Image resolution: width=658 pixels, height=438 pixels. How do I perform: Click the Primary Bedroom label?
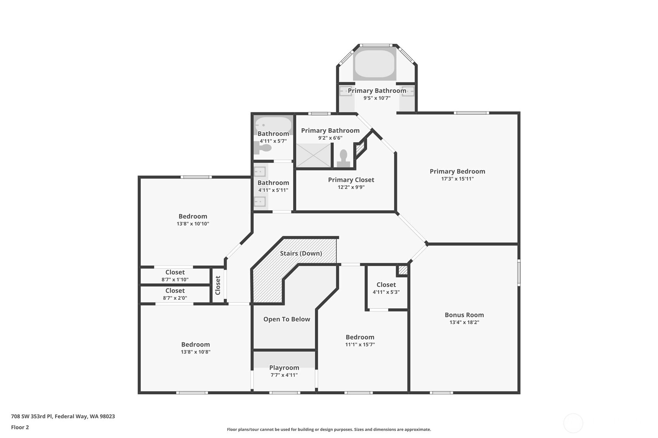point(458,171)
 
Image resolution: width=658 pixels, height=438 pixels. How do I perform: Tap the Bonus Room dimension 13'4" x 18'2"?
point(464,322)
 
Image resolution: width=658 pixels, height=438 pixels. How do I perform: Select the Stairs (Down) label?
point(301,253)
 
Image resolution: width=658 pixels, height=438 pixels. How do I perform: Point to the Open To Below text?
point(287,319)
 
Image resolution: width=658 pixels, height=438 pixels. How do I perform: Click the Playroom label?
point(284,368)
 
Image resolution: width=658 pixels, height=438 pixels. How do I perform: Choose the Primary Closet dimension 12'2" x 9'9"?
point(351,187)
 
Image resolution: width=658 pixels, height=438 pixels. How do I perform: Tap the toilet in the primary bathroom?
point(343,158)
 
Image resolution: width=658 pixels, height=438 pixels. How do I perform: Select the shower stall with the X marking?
point(313,155)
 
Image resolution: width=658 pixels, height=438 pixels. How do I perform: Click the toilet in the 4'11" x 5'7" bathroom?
point(263,149)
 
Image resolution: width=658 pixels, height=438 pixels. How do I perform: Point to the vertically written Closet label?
point(218,285)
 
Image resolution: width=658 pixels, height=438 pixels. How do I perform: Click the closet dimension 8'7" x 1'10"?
point(175,280)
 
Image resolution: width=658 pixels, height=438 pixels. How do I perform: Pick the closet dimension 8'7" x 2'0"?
point(175,298)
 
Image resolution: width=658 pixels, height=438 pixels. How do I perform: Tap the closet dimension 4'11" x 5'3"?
point(386,292)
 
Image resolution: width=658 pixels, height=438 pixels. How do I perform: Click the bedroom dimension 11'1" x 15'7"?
point(360,345)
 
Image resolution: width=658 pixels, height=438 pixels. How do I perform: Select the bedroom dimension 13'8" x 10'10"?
point(193,224)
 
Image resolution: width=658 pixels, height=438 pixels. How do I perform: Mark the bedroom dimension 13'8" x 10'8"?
point(195,352)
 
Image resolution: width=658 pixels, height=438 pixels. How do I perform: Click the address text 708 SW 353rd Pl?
point(32,416)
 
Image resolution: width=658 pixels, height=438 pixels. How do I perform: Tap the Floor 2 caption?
point(20,427)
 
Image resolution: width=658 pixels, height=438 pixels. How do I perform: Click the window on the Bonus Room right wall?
point(519,273)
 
